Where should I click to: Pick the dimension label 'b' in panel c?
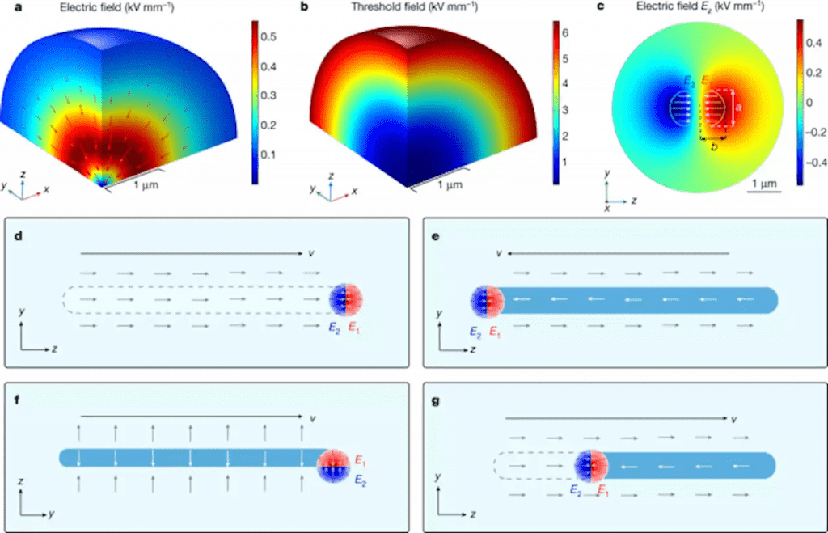pos(712,148)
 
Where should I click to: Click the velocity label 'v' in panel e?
pos(500,253)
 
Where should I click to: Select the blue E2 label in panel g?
pos(574,490)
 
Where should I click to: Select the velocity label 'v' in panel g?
pos(733,419)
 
